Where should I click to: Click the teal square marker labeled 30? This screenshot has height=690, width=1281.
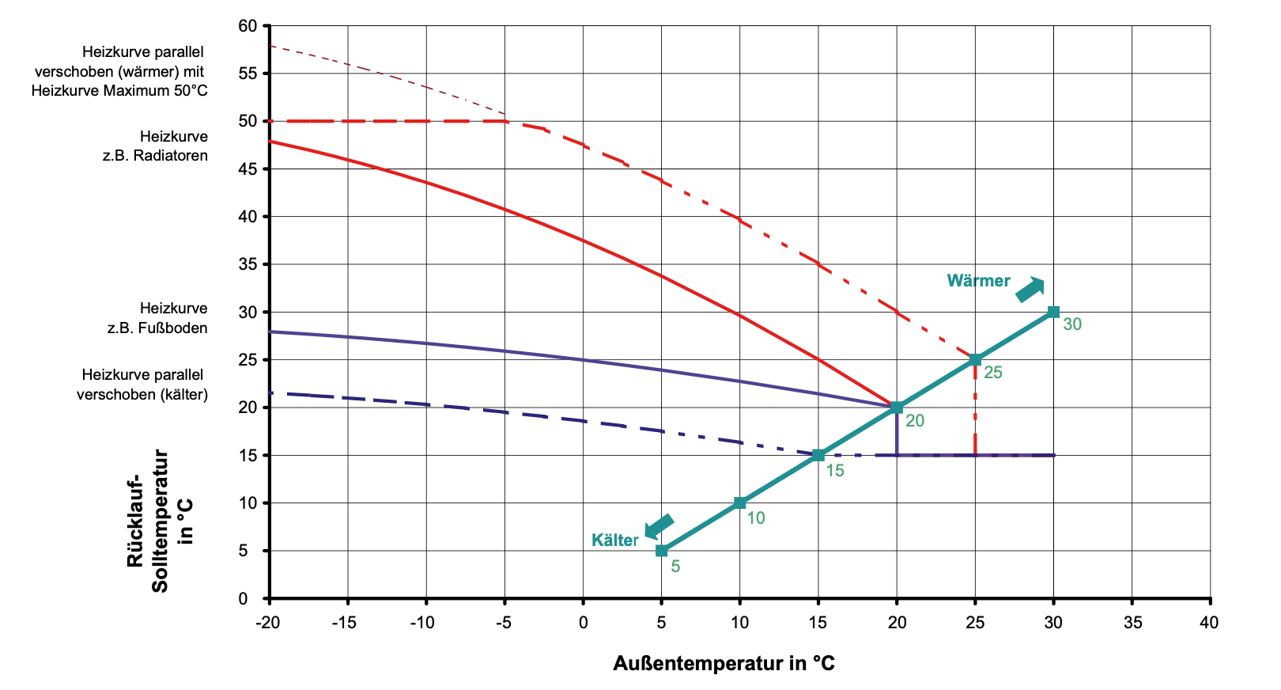click(x=1053, y=312)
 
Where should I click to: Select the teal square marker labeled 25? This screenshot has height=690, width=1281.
click(x=975, y=359)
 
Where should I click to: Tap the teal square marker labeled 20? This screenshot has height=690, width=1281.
click(x=897, y=408)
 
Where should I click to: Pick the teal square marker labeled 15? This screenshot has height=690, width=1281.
click(x=818, y=455)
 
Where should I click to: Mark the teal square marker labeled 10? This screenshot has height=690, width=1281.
click(x=740, y=502)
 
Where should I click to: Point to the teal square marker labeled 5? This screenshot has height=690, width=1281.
click(x=662, y=551)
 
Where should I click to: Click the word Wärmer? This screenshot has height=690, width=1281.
click(x=978, y=281)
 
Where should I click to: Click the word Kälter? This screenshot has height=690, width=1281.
click(x=614, y=540)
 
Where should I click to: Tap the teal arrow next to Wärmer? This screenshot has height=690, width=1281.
click(x=1030, y=290)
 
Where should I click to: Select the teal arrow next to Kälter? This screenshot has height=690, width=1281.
click(x=659, y=526)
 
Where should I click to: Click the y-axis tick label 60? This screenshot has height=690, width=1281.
click(x=248, y=26)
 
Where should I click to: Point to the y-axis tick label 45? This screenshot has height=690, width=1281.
click(x=248, y=169)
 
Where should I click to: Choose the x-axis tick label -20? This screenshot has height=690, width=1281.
click(x=268, y=623)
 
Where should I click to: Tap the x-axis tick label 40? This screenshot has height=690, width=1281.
click(x=1209, y=623)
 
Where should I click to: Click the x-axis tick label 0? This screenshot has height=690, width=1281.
click(x=583, y=623)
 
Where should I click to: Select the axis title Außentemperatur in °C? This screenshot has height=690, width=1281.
click(x=724, y=663)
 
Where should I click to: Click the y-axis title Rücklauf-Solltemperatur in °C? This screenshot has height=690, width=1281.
click(x=160, y=520)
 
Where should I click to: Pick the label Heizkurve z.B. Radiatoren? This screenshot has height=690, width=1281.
click(x=156, y=146)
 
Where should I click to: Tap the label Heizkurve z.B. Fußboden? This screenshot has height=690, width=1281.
click(x=157, y=318)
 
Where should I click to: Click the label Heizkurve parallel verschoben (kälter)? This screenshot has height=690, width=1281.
click(x=142, y=385)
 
